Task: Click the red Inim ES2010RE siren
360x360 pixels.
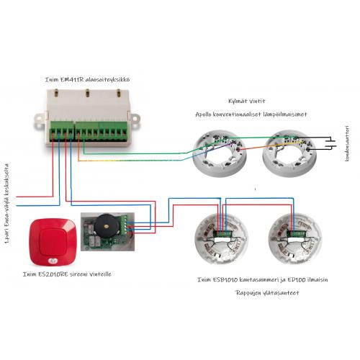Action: coord(53,242)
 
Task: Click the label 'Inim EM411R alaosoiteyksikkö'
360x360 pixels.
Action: coord(87,79)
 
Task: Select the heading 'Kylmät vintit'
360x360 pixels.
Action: coord(247,101)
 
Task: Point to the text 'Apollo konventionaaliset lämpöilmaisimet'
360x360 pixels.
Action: coord(251,114)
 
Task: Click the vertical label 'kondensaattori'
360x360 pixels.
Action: coord(347,143)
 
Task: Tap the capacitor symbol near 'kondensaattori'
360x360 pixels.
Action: coord(330,143)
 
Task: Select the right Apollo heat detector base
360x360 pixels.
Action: coord(289,153)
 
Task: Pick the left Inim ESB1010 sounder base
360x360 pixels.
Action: coord(222,239)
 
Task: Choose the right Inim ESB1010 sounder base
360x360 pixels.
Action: coord(295,239)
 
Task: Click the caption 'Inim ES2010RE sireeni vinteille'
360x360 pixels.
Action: coord(67,274)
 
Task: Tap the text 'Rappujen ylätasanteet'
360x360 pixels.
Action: coord(267,293)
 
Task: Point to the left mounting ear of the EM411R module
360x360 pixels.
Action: coord(40,119)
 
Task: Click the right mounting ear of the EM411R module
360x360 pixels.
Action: coord(135,118)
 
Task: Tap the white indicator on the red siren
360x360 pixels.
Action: coord(52,261)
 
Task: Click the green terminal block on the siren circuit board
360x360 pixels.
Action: coord(124,225)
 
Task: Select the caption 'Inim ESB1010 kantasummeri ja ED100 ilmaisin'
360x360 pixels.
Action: coord(263,279)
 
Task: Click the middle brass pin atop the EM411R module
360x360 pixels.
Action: coord(88,93)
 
